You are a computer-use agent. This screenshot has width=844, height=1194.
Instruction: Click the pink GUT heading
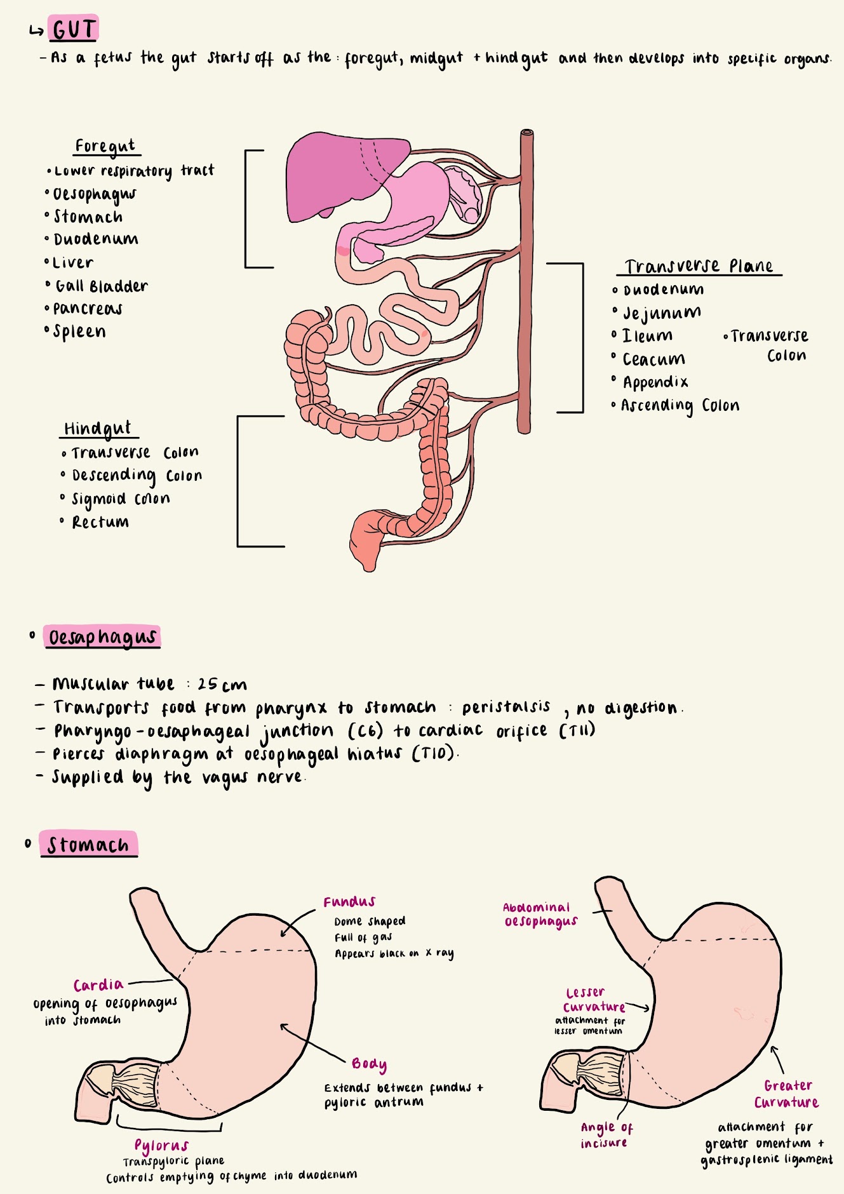coord(74,29)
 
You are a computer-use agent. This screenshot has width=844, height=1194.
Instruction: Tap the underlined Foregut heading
coord(105,146)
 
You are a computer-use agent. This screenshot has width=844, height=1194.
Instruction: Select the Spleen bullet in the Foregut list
coord(79,332)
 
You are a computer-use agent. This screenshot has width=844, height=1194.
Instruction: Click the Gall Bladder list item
coord(101,286)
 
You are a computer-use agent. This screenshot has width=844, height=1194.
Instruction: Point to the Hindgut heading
coord(97,429)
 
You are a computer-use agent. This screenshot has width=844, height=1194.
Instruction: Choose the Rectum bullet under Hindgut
coord(100,522)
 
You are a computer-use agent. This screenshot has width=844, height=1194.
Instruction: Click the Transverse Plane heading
coord(699,266)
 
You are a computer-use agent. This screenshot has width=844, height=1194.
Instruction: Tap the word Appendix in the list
coord(655,382)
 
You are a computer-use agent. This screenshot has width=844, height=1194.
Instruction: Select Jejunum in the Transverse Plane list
coord(662,313)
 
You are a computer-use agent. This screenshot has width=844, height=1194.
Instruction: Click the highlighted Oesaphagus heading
coord(102,637)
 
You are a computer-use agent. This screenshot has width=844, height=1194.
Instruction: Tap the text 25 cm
coord(222,685)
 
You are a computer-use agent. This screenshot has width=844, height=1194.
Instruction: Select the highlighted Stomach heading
coord(88,845)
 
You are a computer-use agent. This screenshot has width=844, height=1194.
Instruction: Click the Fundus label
coord(349,902)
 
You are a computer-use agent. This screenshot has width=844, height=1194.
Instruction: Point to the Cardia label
coord(98,985)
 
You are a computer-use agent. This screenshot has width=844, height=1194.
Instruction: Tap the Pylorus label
coord(161,1145)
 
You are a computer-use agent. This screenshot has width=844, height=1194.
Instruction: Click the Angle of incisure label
coord(606,1135)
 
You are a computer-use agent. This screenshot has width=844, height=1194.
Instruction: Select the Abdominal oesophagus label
coord(540,915)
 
